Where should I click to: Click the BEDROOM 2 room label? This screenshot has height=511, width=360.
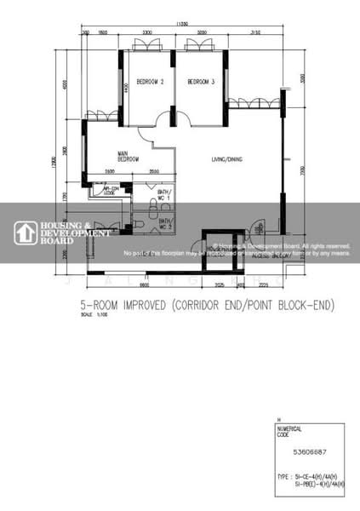pyautogui.click(x=150, y=82)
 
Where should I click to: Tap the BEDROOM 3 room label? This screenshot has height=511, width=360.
pyautogui.click(x=201, y=82)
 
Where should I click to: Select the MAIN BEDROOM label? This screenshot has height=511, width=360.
pyautogui.click(x=129, y=157)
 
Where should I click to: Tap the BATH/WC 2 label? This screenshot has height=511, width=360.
pyautogui.click(x=164, y=224)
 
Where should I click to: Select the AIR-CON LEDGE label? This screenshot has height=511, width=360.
pyautogui.click(x=111, y=192)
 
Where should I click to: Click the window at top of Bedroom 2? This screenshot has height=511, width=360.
pyautogui.click(x=147, y=43)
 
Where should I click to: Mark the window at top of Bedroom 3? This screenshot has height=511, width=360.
pyautogui.click(x=201, y=43)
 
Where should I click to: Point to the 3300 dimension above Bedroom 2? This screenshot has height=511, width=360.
pyautogui.click(x=147, y=32)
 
